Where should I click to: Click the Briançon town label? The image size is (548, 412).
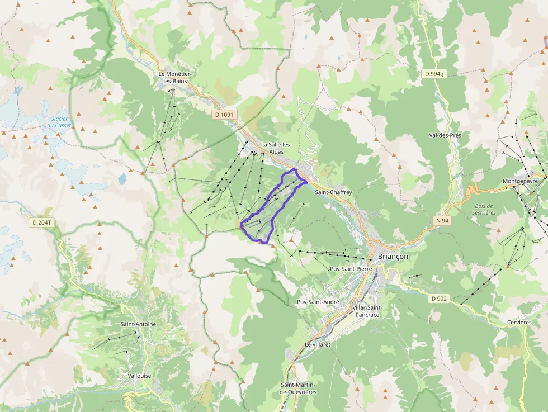tap(393, 256)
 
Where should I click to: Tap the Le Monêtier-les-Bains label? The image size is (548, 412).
tap(175, 78)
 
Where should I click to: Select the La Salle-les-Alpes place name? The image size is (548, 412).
tap(272, 148)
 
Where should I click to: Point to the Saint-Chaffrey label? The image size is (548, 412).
tap(333, 192)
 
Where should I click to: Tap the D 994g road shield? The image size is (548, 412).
tap(433, 74)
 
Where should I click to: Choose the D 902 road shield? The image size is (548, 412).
tap(440, 299)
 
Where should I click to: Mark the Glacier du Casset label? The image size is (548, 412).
tap(59, 122)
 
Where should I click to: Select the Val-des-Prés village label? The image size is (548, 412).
tap(445, 135)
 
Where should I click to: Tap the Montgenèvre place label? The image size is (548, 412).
tap(520, 181)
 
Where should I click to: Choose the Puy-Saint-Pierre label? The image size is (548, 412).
tap(351, 269)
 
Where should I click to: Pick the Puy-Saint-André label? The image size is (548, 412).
tap(318, 302)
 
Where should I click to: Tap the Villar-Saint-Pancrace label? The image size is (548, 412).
tap(366, 311)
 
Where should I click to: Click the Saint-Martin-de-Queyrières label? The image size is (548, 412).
tap(298, 388)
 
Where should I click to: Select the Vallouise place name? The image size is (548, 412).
tap(139, 376)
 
